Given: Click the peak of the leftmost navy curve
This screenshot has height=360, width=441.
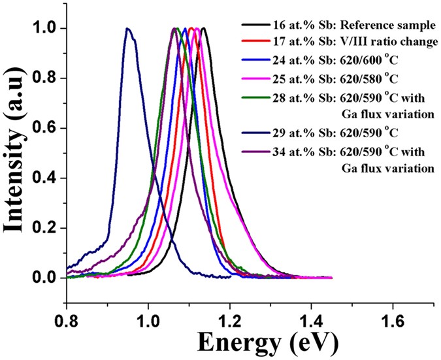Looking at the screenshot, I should pyautogui.click(x=127, y=29).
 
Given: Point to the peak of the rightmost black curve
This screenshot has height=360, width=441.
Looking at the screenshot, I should pyautogui.click(x=204, y=29).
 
